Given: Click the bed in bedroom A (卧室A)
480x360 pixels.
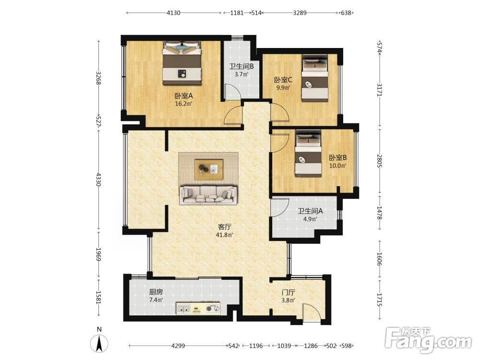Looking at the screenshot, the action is tap(182, 63).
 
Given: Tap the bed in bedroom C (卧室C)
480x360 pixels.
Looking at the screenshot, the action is tap(315, 78).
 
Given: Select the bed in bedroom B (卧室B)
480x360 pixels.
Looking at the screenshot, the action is tap(308, 154).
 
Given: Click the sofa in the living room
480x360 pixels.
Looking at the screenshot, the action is tap(208, 195).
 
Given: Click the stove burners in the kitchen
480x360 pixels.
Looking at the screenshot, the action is tap(213, 309).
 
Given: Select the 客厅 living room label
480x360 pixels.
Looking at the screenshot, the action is tap(224, 227).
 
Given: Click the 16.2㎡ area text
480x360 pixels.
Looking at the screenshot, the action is tap(183, 104).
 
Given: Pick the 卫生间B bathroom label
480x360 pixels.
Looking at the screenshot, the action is tap(241, 66).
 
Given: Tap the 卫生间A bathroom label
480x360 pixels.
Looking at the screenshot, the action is tap(310, 211).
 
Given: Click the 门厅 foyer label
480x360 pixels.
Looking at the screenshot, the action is tap(288, 292).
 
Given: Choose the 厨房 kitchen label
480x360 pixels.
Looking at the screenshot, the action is tap(156, 292).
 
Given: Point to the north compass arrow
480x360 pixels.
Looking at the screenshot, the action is tap(99, 344).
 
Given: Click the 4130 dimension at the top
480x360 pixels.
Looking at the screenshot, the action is tap(173, 13).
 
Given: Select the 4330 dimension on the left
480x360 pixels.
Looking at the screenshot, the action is tap(98, 180).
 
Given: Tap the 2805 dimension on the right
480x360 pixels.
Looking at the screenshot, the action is tap(380, 161).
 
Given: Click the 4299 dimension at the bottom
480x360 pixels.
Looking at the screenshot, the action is tap(178, 346).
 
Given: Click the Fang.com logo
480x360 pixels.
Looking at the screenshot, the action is tap(428, 340).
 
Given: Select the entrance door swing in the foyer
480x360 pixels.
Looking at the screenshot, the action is tap(312, 312).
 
